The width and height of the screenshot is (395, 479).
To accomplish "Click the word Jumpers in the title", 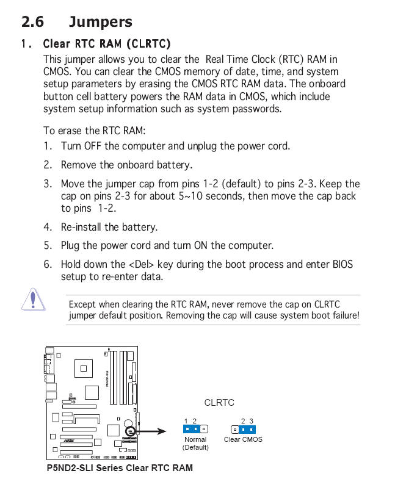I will pos(100,22).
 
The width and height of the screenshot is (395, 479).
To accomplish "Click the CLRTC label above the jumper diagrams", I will pos(219,403).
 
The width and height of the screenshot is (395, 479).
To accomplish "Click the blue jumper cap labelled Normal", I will pos(190,429).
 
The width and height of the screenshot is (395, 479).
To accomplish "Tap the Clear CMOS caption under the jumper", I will pos(243,439).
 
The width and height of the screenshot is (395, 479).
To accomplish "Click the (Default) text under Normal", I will pos(195,447).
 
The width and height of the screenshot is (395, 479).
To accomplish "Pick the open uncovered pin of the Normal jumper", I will pos(205,429).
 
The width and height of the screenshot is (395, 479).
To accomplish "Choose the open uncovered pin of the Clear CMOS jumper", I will pos(234,429).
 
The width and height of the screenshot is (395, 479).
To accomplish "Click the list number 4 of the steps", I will pos(48,227).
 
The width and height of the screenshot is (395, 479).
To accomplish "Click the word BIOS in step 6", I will pos(341,264).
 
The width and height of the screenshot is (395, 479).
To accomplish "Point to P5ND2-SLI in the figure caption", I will pos(72,468).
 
